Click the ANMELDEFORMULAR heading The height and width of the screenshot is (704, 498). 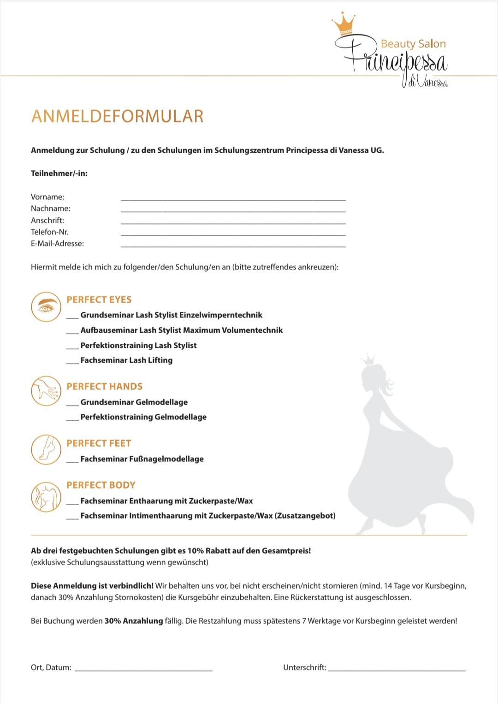(x=117, y=116)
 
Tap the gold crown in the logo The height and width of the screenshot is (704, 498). (x=344, y=25)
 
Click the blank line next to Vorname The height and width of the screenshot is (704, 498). (x=233, y=198)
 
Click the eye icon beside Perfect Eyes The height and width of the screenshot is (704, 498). (x=46, y=307)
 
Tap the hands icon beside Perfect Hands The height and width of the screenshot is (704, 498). (x=46, y=391)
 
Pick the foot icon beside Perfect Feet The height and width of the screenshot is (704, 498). (x=46, y=449)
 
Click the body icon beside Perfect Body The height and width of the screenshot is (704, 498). (x=46, y=496)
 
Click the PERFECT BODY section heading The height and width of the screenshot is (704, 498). (x=101, y=485)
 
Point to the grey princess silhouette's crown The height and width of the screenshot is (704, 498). (x=368, y=359)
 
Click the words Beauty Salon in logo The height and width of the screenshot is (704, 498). (x=413, y=44)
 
